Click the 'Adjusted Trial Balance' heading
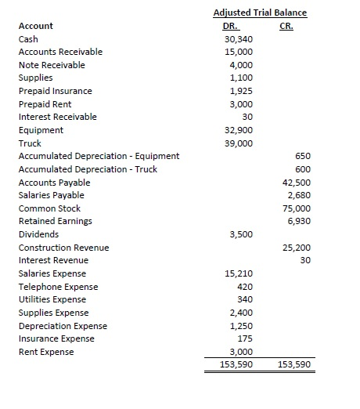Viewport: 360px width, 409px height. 260,13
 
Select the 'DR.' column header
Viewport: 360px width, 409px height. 232,26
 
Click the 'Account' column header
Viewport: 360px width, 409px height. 36,26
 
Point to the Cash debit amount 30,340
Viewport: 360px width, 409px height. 238,39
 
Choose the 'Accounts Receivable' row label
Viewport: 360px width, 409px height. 60,52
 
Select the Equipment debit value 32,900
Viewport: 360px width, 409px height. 238,130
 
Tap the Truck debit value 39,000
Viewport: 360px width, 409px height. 238,143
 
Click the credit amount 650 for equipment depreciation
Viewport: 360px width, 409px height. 303,156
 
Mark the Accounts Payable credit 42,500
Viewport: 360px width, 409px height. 298,183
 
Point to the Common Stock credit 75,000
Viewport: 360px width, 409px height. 298,208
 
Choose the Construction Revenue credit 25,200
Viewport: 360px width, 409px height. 298,248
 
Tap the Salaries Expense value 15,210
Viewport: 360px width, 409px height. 238,273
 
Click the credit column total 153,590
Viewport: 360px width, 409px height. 294,364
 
